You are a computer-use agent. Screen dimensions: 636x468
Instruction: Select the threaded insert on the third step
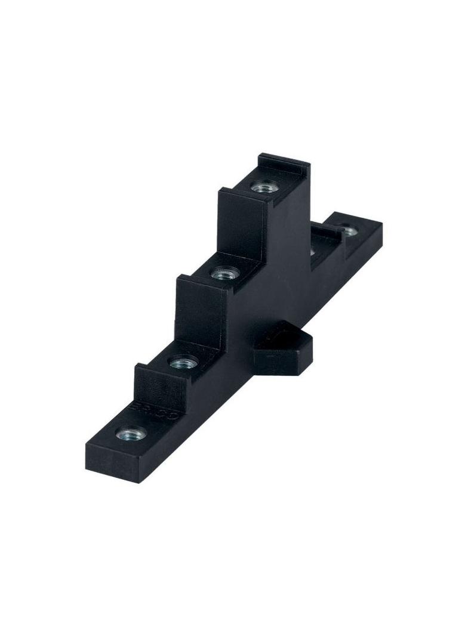(223, 274)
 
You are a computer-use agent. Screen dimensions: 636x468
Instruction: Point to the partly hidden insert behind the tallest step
(312, 251)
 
